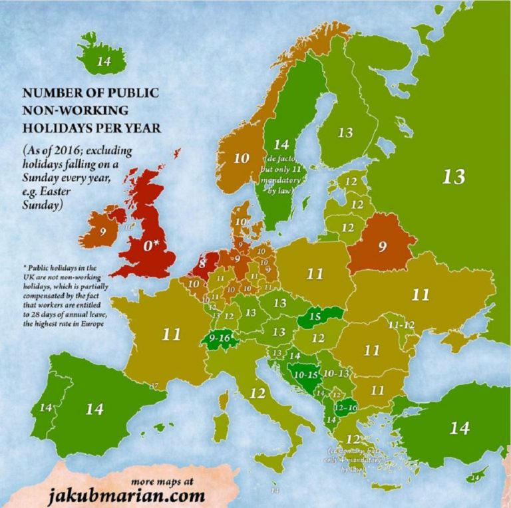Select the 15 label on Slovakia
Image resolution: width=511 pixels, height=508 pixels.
314,316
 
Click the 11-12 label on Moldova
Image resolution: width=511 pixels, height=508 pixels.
403,324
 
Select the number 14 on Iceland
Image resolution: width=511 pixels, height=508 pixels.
104,62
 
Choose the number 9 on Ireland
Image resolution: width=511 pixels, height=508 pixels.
102,233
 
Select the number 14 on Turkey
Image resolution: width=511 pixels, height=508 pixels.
459,428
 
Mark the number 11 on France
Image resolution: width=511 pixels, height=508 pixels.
171,333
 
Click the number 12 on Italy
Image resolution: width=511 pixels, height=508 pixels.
257,393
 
